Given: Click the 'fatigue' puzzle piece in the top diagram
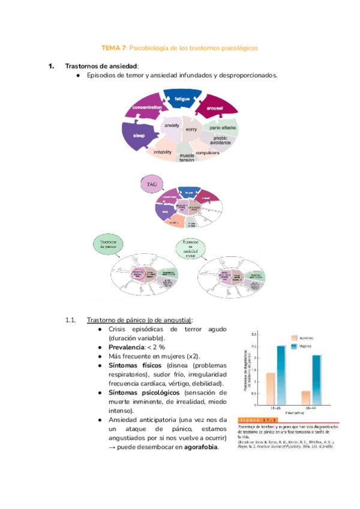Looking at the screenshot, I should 182,98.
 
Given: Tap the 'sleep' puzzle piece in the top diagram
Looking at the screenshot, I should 139,136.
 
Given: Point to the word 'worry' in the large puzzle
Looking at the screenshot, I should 191,129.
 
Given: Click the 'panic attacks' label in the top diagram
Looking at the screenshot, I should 223,128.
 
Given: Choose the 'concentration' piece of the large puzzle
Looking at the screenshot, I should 144,107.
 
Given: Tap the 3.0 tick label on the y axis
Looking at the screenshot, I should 254,333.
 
